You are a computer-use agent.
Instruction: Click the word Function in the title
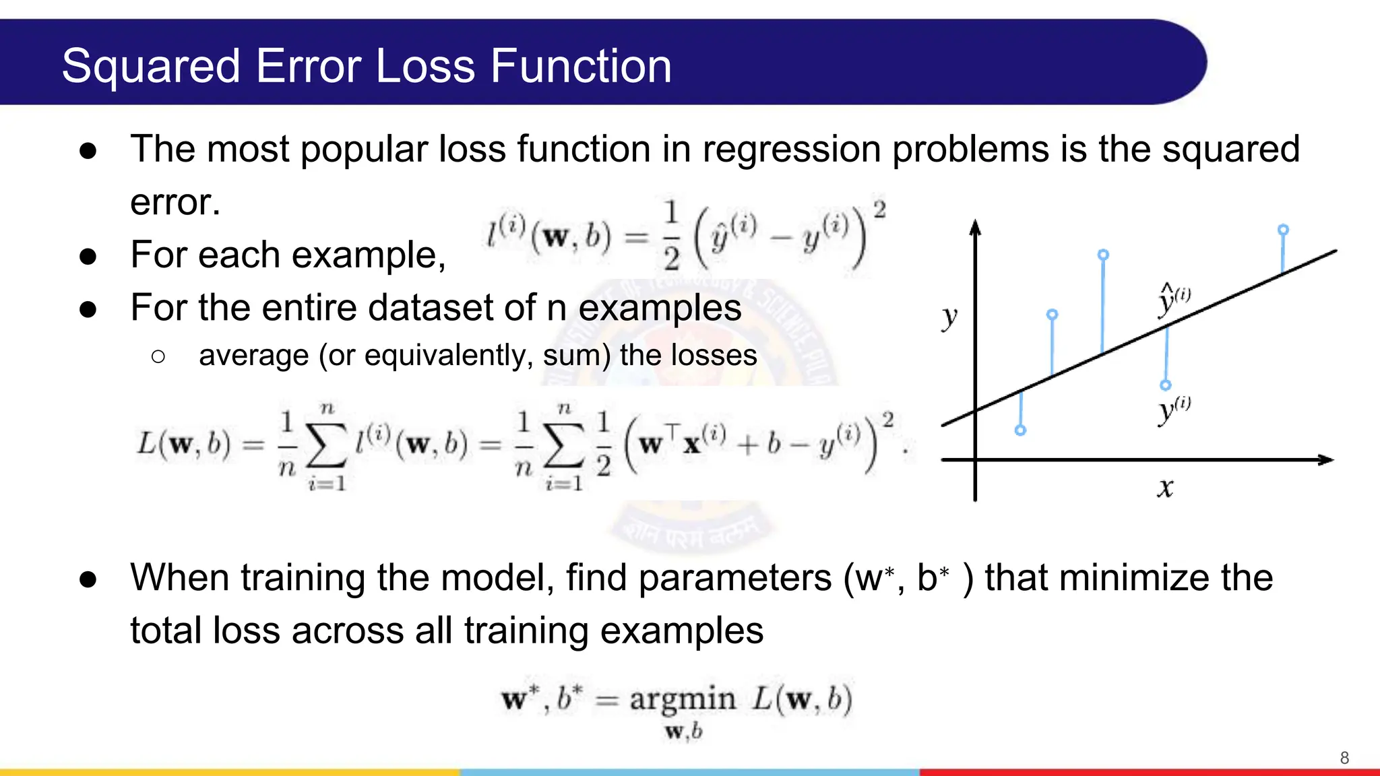(x=580, y=67)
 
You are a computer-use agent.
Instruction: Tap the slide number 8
(x=1344, y=758)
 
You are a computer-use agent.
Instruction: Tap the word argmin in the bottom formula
(x=682, y=699)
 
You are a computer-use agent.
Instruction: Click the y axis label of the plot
(x=949, y=316)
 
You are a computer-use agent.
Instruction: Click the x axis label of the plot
(x=1165, y=487)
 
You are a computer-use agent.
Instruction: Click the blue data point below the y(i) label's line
(x=1166, y=385)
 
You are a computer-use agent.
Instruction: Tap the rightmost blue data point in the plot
(x=1283, y=230)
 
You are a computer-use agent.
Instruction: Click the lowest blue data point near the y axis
(x=1020, y=430)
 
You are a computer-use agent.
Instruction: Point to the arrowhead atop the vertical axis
(x=975, y=227)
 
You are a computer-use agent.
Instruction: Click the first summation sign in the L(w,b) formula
(x=326, y=445)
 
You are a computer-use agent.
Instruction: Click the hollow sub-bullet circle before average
(x=158, y=356)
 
